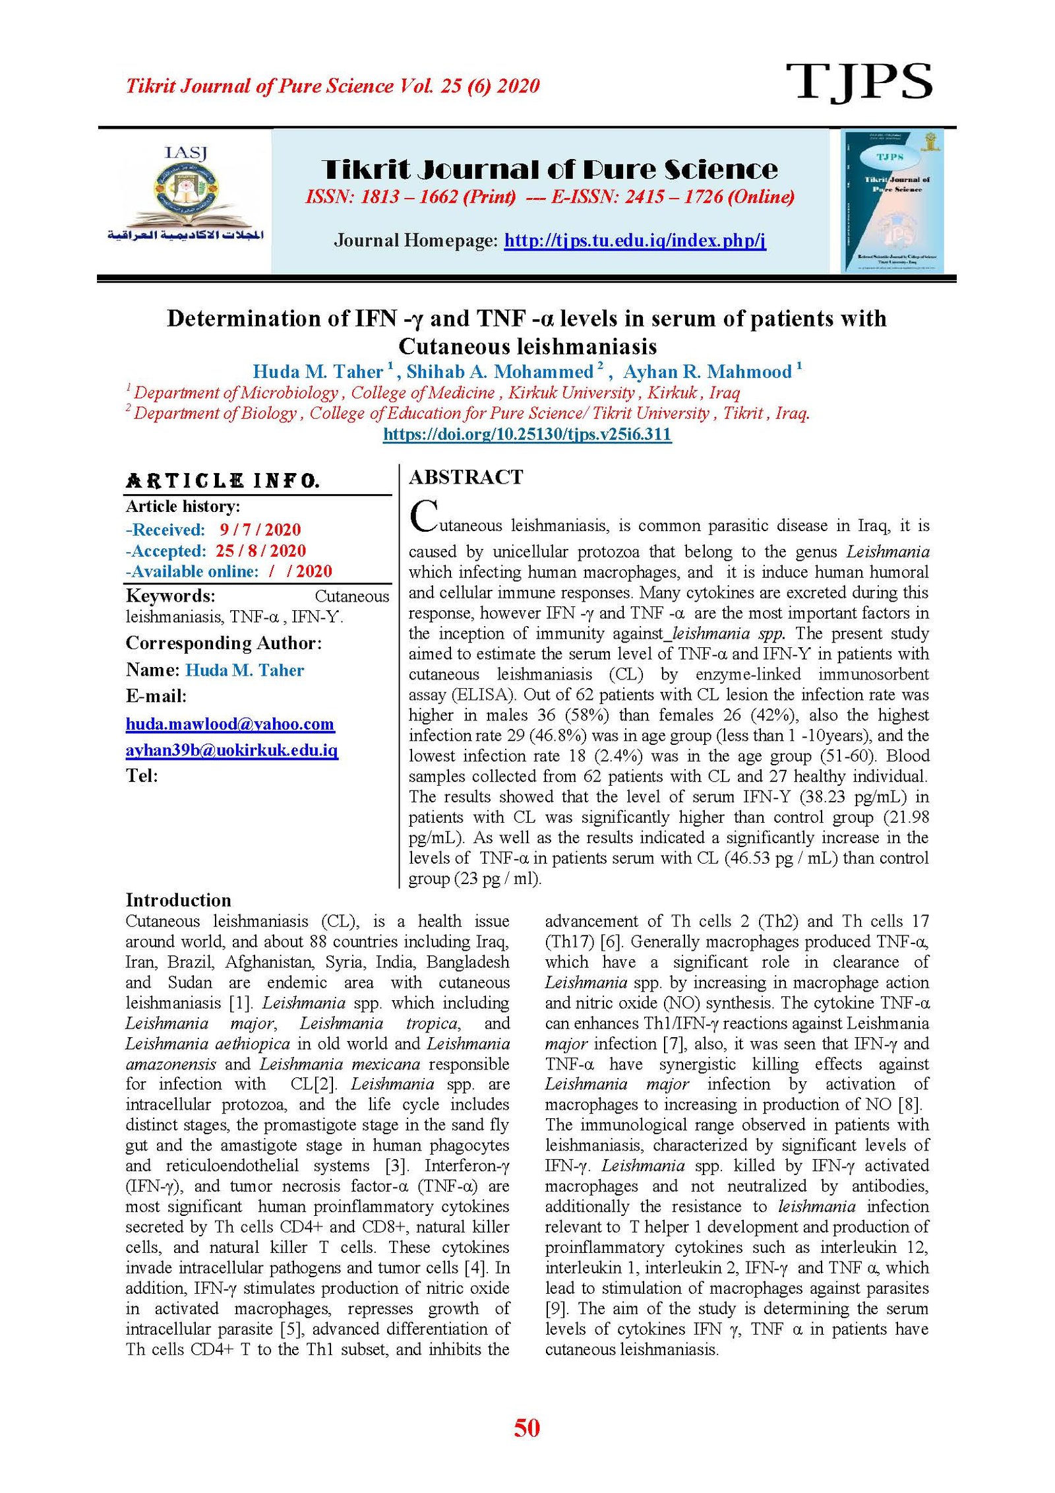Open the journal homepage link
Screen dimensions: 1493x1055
pos(635,240)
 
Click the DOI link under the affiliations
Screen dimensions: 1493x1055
pos(527,434)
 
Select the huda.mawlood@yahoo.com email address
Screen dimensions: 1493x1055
pos(230,724)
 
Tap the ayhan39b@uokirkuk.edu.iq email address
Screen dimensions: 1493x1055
pos(232,750)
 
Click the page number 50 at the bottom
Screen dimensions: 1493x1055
pos(527,1428)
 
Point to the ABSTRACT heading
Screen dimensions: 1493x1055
pos(466,477)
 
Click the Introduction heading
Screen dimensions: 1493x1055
pos(179,901)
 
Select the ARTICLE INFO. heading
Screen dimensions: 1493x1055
pos(223,481)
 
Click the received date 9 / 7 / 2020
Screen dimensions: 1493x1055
pos(260,530)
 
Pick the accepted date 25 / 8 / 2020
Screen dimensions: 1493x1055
pos(260,551)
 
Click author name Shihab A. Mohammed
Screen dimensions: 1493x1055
pos(500,372)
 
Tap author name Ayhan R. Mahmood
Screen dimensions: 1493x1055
pos(708,372)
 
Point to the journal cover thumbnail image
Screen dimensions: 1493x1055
pos(892,201)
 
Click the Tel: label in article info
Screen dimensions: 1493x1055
pos(142,776)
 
